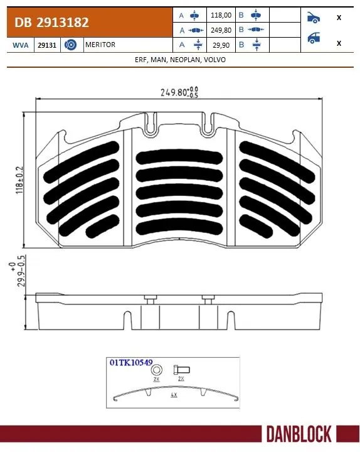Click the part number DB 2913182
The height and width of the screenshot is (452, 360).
48,23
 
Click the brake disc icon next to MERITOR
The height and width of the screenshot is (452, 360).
70,46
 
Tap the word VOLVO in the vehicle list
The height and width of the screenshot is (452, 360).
214,60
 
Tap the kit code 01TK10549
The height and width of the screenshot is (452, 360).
131,363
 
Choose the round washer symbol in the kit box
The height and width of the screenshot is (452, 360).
156,370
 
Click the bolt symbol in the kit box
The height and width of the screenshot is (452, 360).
180,370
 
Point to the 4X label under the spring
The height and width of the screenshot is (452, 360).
173,396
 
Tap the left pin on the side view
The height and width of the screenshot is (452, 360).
149,299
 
